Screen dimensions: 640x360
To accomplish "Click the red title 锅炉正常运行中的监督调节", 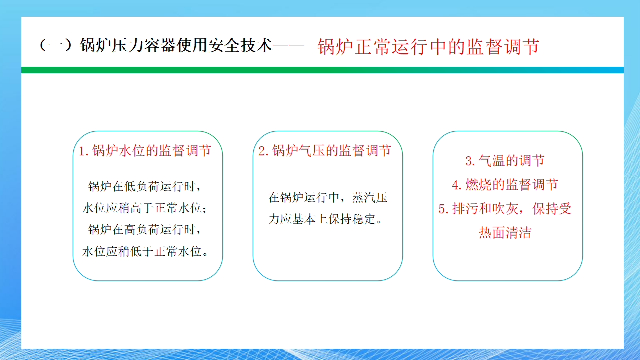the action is [x=428, y=47].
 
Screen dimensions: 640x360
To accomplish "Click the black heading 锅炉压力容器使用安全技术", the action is [x=176, y=45].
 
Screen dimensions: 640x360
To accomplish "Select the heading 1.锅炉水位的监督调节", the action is [x=145, y=150].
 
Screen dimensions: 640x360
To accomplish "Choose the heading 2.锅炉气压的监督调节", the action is [x=325, y=150].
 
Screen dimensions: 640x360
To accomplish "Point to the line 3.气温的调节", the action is [x=505, y=160].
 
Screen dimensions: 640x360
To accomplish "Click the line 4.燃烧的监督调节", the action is [x=505, y=184].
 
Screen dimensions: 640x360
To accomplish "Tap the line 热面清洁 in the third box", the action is [x=505, y=232].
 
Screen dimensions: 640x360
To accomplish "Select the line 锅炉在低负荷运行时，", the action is [x=145, y=186].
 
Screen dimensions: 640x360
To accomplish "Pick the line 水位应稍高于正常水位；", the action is [x=144, y=208].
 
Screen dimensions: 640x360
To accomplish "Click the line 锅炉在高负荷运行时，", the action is [x=145, y=229].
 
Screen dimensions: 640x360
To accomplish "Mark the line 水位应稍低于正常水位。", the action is [x=145, y=251].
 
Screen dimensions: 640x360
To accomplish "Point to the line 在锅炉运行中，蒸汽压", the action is [x=327, y=197].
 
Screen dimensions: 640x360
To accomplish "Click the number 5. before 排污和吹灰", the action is [x=444, y=209].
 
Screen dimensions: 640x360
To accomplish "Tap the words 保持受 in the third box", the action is [x=552, y=208].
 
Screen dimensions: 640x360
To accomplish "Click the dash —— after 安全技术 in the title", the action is [x=288, y=45].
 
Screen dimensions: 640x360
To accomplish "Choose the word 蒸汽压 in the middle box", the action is [x=369, y=197].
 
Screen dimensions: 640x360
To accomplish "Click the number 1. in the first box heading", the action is [x=84, y=151].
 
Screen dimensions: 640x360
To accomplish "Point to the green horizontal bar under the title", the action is [x=322, y=70].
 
